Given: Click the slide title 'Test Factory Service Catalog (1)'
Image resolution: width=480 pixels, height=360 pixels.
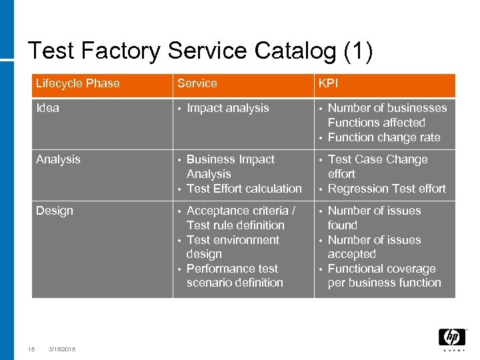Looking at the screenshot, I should click(x=200, y=51).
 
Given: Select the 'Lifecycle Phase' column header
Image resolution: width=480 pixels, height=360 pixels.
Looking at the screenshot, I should click(x=77, y=84).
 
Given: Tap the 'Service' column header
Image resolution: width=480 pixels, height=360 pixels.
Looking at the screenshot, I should click(x=197, y=84).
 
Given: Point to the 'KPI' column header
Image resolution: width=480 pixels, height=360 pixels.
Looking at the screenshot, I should click(x=329, y=84).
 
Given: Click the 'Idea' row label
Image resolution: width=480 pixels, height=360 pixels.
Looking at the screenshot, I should click(x=47, y=108).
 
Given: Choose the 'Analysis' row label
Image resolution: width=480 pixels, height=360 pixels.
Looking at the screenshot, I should click(x=58, y=159).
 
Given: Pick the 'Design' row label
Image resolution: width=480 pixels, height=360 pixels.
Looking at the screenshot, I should click(x=54, y=211).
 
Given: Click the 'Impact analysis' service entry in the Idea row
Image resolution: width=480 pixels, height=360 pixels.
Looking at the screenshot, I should click(x=227, y=108).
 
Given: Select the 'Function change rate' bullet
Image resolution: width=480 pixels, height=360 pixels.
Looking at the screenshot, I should click(x=384, y=137).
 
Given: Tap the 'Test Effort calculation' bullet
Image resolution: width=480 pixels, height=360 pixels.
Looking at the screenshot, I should click(x=244, y=189).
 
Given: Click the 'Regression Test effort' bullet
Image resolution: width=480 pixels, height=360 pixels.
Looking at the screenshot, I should click(x=387, y=189).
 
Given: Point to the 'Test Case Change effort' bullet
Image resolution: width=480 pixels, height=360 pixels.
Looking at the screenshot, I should click(x=377, y=166).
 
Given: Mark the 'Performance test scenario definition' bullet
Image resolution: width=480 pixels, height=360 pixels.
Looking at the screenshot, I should click(x=235, y=276).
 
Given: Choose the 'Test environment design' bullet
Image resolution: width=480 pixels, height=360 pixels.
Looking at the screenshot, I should click(x=233, y=247).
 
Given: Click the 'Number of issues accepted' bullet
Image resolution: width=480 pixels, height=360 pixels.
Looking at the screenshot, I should click(x=374, y=247).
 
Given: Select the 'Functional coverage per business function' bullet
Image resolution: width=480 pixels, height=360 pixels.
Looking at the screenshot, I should click(x=384, y=276).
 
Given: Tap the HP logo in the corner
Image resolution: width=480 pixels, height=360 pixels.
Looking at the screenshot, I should click(x=451, y=337).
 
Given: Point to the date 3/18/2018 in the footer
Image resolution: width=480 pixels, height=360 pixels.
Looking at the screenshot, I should click(x=62, y=349).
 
